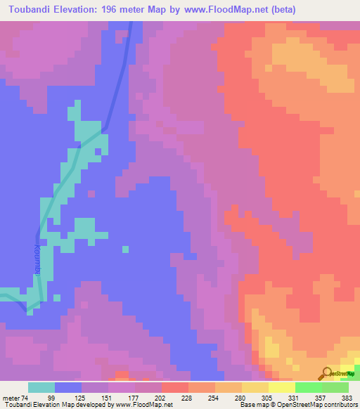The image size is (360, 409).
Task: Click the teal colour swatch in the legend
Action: click(41, 387)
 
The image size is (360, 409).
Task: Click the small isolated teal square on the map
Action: click(125, 248)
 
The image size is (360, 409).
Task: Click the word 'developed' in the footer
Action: click(96, 405)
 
